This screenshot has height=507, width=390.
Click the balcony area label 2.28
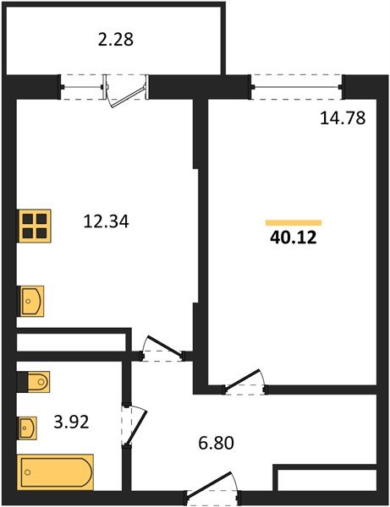pos(115,39)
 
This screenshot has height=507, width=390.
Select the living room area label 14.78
pos(343,119)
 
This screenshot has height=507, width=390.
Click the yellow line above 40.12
pos(294,222)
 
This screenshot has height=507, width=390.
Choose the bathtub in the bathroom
pos(56,471)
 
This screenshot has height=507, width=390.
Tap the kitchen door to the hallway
pos(162,349)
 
